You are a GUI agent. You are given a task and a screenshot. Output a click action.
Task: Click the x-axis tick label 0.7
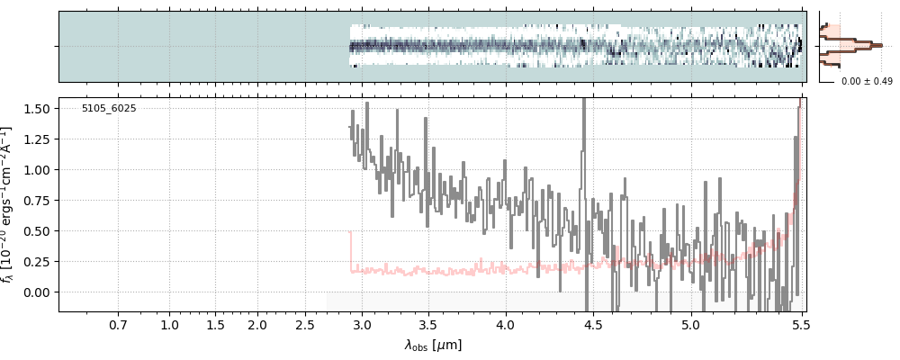pyautogui.click(x=118, y=325)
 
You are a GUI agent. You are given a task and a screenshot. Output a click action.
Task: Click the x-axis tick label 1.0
pyautogui.click(x=169, y=325)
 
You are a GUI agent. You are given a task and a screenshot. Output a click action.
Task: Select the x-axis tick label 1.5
pyautogui.click(x=214, y=325)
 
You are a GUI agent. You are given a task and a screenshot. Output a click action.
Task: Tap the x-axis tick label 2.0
pyautogui.click(x=257, y=325)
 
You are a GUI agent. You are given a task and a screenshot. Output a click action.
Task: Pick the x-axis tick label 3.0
pyautogui.click(x=362, y=325)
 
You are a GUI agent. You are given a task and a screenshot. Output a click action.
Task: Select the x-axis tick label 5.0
pyautogui.click(x=690, y=325)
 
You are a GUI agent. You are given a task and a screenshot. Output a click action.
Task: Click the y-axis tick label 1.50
pyautogui.click(x=41, y=108)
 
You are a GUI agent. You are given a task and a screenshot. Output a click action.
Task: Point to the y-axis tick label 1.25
pyautogui.click(x=41, y=139)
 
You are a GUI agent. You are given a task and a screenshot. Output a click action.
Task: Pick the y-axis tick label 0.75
pyautogui.click(x=41, y=201)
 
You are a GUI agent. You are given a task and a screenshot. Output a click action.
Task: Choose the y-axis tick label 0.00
pyautogui.click(x=41, y=292)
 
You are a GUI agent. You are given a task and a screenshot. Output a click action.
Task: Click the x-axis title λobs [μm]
pyautogui.click(x=433, y=345)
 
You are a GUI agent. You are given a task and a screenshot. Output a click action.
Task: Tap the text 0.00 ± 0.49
pyautogui.click(x=866, y=82)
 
